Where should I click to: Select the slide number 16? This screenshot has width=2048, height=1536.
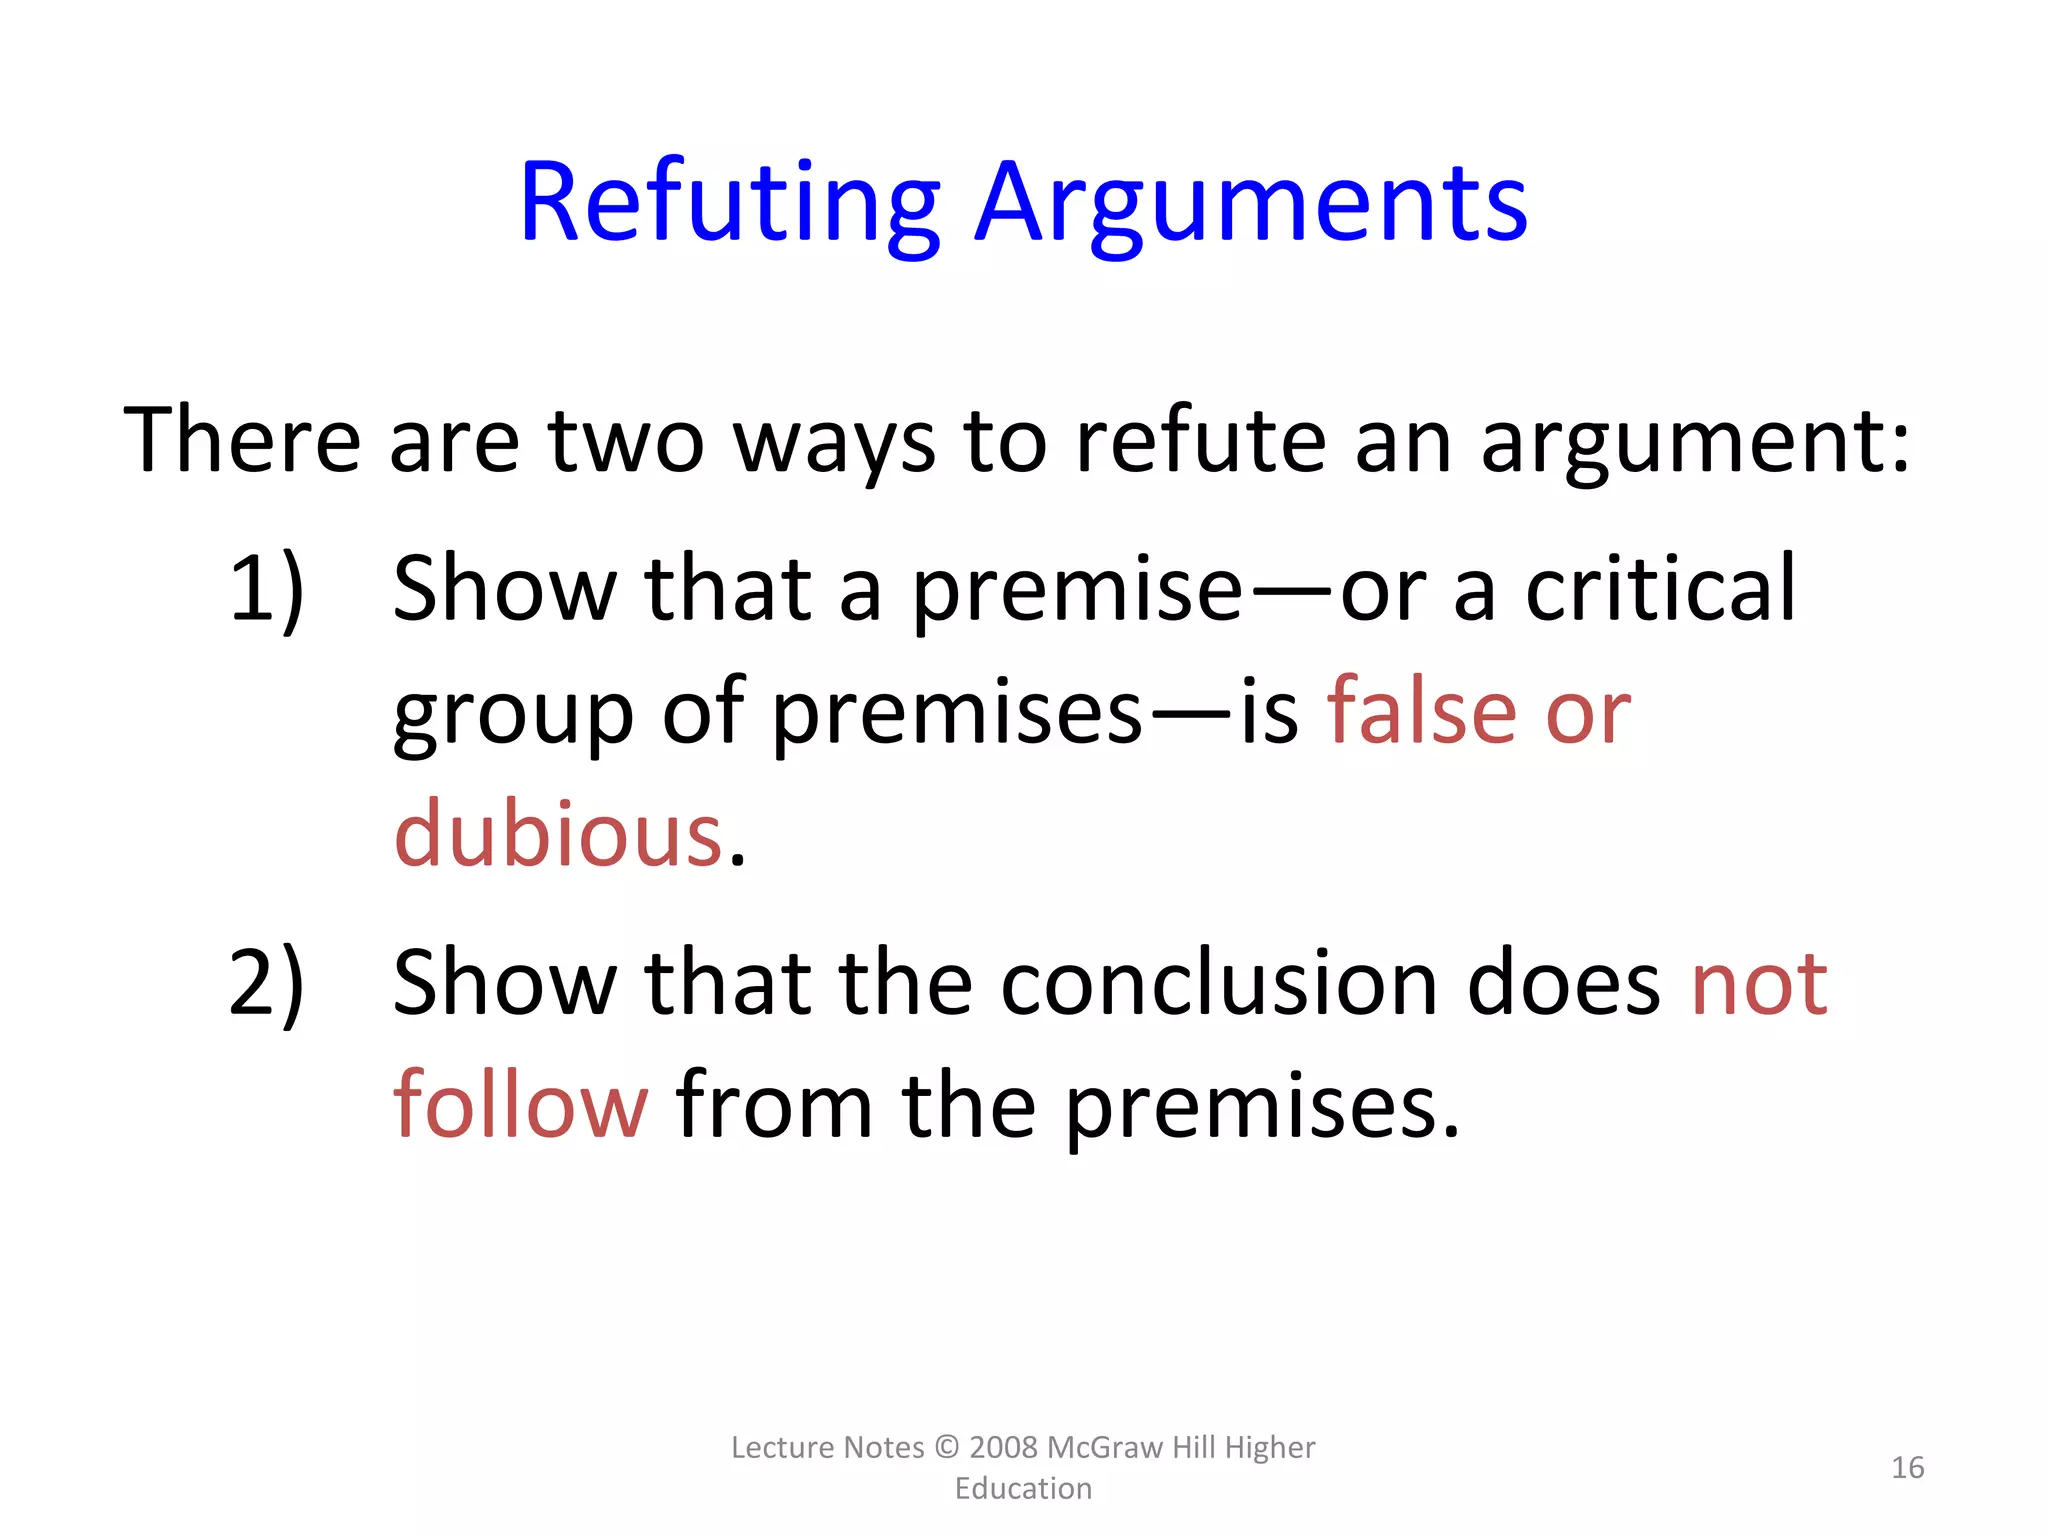(1907, 1467)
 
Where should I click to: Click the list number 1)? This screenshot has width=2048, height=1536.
(266, 590)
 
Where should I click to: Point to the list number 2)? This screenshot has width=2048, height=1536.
(266, 984)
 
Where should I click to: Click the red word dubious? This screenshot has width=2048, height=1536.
(558, 834)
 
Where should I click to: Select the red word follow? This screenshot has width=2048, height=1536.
(521, 1106)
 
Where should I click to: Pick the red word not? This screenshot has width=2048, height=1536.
(1759, 984)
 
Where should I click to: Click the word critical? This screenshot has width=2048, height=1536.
(1661, 590)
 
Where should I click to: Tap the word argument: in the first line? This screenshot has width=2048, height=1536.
(1695, 442)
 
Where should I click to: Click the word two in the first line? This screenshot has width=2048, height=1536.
(627, 442)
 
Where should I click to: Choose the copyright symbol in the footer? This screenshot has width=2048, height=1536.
(946, 1447)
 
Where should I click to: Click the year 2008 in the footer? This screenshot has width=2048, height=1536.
(1004, 1447)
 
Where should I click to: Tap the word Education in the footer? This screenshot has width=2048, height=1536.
(1023, 1488)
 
